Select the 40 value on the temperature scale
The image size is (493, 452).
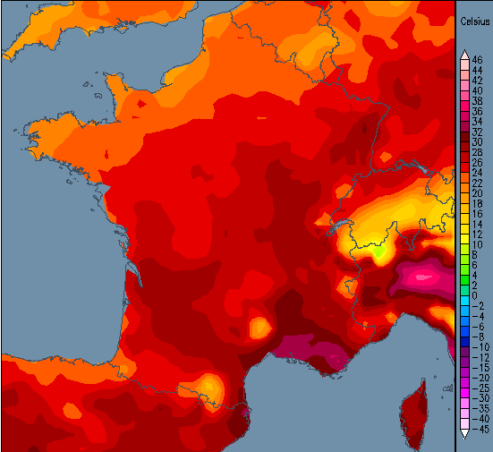tap(477, 91)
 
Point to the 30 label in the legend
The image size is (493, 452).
tap(477, 142)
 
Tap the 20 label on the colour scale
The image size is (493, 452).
tap(477, 193)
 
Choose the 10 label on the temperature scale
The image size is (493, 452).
tap(477, 244)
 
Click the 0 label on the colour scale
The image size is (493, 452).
tap(475, 295)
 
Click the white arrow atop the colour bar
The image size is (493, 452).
tap(463, 55)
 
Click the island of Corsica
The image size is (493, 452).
tap(416, 407)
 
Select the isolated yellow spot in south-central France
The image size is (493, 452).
tap(259, 327)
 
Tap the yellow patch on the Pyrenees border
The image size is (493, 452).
tap(210, 387)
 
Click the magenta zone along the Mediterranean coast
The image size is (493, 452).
tap(309, 350)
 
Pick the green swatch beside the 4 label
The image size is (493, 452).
tap(463, 276)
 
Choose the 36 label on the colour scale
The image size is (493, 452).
tap(477, 112)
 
